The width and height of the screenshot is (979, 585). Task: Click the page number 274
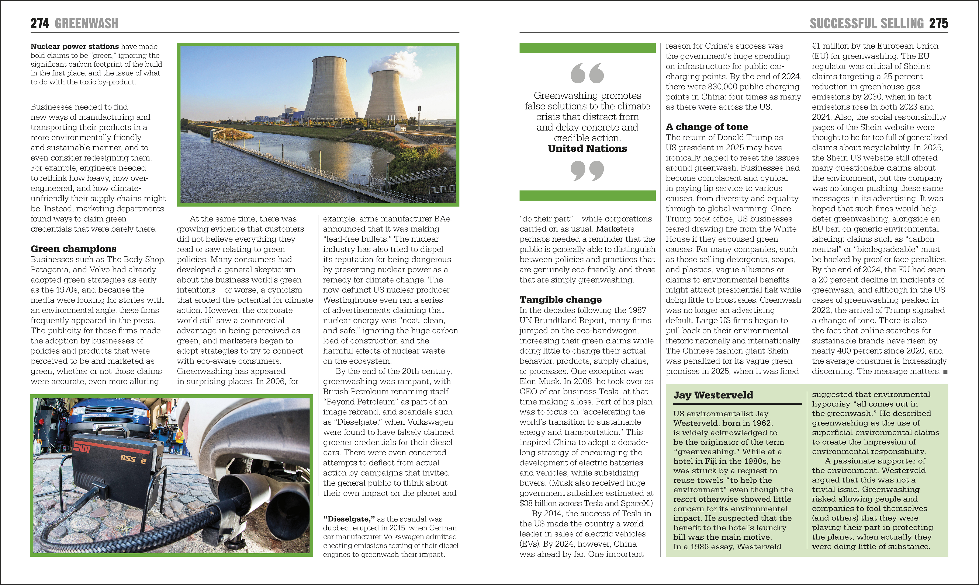pyautogui.click(x=40, y=24)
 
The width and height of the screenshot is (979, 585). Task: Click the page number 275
pyautogui.click(x=938, y=24)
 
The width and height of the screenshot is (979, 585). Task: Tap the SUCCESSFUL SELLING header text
pyautogui.click(x=866, y=24)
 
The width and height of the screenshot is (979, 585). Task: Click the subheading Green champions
pyautogui.click(x=73, y=249)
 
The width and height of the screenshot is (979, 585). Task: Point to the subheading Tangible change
pyautogui.click(x=560, y=299)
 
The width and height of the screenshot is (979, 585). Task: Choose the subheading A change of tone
pyautogui.click(x=707, y=127)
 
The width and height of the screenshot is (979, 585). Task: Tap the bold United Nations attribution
pyautogui.click(x=587, y=149)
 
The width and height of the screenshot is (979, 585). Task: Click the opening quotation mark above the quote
pyautogui.click(x=587, y=73)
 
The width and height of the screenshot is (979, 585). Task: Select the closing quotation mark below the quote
pyautogui.click(x=587, y=170)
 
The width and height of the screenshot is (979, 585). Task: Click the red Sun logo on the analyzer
pyautogui.click(x=82, y=447)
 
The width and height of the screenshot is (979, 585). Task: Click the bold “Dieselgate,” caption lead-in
pyautogui.click(x=349, y=519)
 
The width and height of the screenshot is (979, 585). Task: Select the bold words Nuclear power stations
pyautogui.click(x=75, y=46)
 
